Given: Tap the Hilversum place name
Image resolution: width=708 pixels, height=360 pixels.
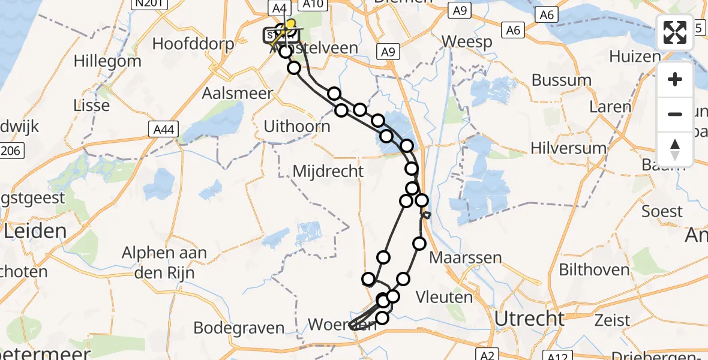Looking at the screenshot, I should (x=568, y=148).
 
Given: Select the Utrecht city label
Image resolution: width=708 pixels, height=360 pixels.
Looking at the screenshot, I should (x=529, y=319).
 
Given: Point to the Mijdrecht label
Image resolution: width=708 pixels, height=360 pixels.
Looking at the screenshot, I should (x=328, y=172).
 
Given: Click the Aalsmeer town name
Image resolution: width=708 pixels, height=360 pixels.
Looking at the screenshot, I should (x=237, y=94).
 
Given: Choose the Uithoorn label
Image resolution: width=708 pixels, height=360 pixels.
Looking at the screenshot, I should (x=297, y=127).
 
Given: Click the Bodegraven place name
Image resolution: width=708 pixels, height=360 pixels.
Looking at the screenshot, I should (x=239, y=328).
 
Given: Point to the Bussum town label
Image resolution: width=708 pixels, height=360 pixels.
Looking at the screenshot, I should (x=561, y=80).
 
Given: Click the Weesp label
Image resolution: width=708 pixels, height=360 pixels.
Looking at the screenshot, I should (x=467, y=42).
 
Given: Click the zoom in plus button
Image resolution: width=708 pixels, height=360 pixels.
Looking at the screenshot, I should (x=675, y=79).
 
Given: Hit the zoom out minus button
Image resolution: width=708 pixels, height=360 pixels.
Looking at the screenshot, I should (x=675, y=114).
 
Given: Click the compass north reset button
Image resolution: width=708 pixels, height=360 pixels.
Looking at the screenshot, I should (x=675, y=149).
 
